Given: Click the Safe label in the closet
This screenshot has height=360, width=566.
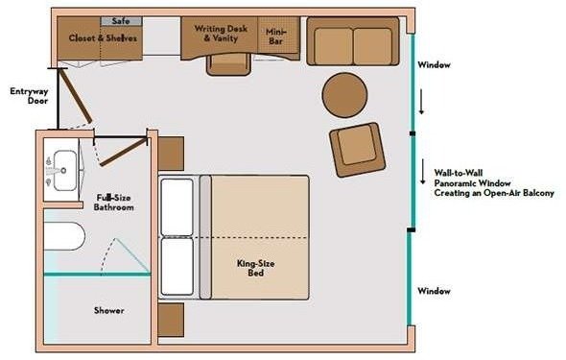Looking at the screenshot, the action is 121,21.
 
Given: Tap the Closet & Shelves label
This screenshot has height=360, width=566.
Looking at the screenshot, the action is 103,37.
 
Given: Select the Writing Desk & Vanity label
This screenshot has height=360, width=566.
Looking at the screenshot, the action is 221,34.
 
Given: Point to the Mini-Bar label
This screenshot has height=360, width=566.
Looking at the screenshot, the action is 275,36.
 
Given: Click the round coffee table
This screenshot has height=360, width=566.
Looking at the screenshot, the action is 344,95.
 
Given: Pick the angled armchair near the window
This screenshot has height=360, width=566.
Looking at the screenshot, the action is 357,150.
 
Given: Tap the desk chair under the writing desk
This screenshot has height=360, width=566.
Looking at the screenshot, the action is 228,64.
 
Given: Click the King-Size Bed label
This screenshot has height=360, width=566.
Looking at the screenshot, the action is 255,268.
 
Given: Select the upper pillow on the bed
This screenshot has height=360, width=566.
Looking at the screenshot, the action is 177,207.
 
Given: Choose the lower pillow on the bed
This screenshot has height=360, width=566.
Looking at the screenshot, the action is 177,267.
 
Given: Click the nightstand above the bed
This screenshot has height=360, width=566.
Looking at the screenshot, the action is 171,153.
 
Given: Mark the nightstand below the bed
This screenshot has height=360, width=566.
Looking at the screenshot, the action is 171,320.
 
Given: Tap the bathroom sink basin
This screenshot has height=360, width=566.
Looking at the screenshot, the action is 65,171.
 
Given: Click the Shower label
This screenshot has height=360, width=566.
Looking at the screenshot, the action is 109,310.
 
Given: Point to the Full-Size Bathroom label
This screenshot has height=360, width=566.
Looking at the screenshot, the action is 114,203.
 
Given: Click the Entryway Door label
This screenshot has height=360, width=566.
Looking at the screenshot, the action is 29,96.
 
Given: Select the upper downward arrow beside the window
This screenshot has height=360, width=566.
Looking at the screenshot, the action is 421,103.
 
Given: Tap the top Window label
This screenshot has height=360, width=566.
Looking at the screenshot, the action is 434,65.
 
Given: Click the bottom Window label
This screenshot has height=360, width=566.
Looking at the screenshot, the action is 434,291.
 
